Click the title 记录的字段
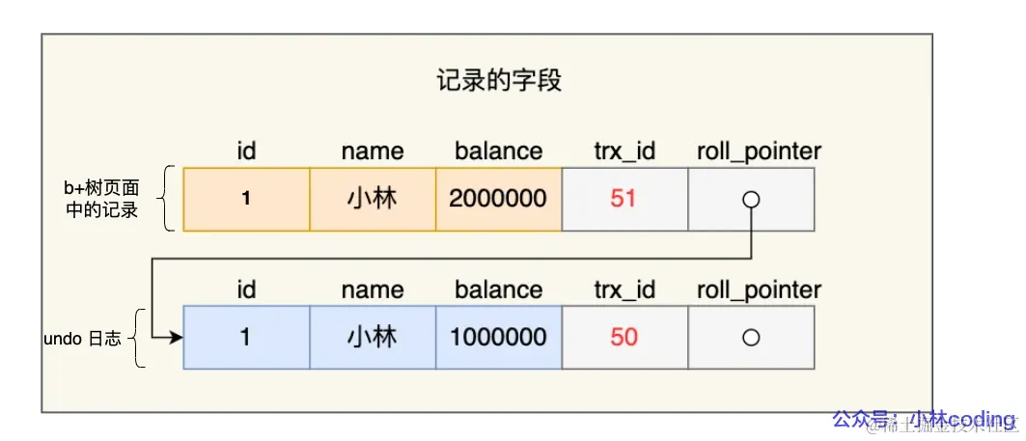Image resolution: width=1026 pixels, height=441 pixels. (x=498, y=81)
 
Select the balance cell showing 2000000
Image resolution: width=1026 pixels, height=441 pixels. (x=498, y=199)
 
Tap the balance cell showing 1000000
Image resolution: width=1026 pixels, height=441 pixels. (x=498, y=338)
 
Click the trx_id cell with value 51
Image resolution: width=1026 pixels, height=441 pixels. (x=624, y=199)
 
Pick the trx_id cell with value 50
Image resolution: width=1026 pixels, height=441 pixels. (x=624, y=338)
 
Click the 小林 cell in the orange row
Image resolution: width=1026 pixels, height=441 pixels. (x=373, y=199)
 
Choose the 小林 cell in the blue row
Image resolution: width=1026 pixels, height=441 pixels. (x=373, y=338)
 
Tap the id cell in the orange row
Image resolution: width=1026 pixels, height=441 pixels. (x=246, y=199)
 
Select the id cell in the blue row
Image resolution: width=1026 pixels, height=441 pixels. (x=246, y=338)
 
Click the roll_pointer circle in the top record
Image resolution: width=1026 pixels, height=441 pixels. (x=751, y=200)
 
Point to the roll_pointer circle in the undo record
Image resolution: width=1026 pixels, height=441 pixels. (x=751, y=338)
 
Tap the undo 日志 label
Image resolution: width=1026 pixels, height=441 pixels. (x=83, y=339)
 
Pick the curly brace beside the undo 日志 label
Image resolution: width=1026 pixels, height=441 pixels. (x=140, y=338)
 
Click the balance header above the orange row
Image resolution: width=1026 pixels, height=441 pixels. (x=498, y=152)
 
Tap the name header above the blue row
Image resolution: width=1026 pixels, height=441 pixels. (x=373, y=289)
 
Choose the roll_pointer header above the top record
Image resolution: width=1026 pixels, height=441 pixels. (x=759, y=152)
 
